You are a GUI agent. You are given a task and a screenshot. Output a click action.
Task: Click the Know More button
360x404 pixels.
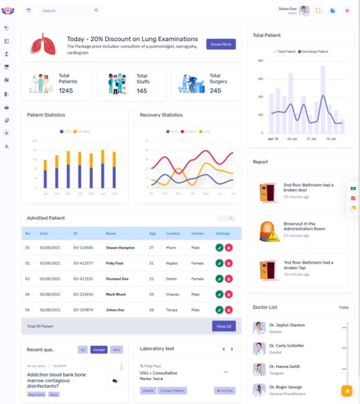(x=221, y=44)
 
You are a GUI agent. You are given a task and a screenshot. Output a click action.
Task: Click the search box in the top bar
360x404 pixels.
(x=67, y=11)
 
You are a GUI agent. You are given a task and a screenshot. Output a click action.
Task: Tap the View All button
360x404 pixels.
(x=223, y=326)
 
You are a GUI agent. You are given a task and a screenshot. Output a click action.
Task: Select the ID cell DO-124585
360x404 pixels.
(x=83, y=248)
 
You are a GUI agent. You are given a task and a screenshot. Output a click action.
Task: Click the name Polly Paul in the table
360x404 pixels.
(x=116, y=263)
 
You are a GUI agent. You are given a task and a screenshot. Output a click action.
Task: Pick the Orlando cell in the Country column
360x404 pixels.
(x=174, y=294)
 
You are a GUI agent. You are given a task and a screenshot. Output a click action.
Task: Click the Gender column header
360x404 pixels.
(x=198, y=233)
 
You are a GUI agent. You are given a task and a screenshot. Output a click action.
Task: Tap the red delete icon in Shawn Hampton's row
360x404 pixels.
(x=229, y=248)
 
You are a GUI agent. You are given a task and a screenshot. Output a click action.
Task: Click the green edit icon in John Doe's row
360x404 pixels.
(x=220, y=309)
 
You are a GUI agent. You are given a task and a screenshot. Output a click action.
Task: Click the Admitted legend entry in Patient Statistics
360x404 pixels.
(x=83, y=131)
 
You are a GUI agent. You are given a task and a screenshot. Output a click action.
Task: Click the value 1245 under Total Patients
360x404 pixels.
(x=66, y=90)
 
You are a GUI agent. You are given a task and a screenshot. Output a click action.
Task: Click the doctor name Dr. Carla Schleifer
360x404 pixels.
(x=286, y=346)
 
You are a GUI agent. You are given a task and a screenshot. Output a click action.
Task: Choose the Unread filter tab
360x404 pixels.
(x=99, y=350)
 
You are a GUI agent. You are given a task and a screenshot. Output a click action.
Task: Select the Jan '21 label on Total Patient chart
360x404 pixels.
(x=272, y=139)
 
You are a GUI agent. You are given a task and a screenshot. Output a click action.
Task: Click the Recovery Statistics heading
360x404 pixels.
(x=161, y=114)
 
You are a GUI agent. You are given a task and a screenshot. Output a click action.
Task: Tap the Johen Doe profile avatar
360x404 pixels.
(x=304, y=11)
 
